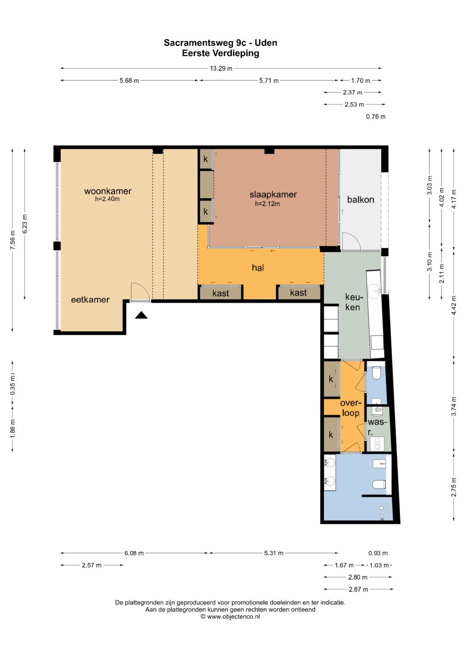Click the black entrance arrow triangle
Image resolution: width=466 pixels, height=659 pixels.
click(x=141, y=315)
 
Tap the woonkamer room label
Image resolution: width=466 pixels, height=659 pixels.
click(x=108, y=191)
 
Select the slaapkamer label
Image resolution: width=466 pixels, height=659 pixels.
click(x=273, y=195)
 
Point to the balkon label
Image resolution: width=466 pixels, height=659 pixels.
click(x=360, y=199)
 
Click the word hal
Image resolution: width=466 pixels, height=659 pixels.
click(x=258, y=268)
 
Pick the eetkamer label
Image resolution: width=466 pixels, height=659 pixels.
click(x=90, y=300)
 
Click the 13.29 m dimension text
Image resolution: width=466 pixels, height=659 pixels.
click(x=221, y=69)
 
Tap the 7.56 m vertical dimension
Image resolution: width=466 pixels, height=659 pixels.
click(x=13, y=240)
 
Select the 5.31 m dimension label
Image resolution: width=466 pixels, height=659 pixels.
click(x=274, y=553)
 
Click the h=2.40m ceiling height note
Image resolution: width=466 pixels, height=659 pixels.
click(x=107, y=199)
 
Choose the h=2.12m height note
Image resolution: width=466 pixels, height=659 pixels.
click(x=267, y=204)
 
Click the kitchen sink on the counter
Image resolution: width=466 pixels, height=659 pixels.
click(x=375, y=291)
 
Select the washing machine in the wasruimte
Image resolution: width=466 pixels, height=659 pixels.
click(x=377, y=444)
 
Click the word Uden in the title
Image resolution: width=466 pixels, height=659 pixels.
click(x=266, y=43)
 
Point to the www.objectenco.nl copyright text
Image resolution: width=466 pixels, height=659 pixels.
click(x=230, y=617)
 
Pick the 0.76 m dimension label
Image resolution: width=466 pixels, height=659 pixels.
click(x=375, y=117)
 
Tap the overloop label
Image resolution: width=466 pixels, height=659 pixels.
click(x=350, y=408)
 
